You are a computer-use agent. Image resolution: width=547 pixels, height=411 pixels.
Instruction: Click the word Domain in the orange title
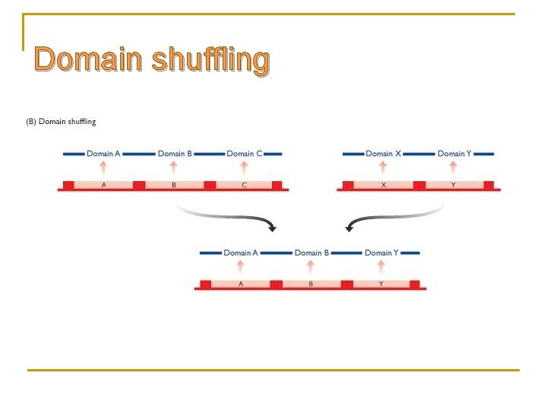click(x=87, y=59)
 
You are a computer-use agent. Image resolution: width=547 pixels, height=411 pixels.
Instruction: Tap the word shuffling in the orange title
click(x=210, y=61)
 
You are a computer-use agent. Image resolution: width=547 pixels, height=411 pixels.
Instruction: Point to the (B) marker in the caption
click(x=31, y=121)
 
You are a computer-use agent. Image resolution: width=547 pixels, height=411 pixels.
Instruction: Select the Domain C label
click(x=244, y=154)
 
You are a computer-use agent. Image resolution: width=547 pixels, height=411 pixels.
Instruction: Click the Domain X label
click(x=383, y=154)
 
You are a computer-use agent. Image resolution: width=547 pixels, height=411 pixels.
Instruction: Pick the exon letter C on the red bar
click(x=244, y=185)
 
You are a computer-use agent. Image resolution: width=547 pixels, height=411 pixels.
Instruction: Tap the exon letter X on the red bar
click(x=383, y=185)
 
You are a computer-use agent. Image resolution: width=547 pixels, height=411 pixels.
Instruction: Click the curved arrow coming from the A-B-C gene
click(x=228, y=216)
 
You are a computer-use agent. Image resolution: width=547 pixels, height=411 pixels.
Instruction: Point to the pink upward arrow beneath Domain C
click(x=244, y=167)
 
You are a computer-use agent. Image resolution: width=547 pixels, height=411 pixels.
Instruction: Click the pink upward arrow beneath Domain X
click(x=383, y=167)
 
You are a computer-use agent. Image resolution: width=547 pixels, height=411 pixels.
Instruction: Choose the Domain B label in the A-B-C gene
click(x=175, y=154)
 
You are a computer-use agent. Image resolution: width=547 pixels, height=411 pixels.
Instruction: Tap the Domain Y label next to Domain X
click(x=454, y=154)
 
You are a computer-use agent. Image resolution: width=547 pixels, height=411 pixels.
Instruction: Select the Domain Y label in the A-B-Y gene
click(x=381, y=253)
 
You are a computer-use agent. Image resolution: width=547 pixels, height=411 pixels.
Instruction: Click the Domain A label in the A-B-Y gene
click(x=241, y=253)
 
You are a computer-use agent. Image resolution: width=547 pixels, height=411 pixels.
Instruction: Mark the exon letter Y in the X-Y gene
click(x=454, y=185)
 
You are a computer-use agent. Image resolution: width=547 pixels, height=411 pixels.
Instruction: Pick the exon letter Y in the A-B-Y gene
click(x=381, y=284)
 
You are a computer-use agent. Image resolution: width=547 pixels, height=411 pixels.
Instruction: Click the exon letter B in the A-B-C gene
click(x=174, y=185)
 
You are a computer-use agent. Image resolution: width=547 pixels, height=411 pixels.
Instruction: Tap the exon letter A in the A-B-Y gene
click(x=241, y=284)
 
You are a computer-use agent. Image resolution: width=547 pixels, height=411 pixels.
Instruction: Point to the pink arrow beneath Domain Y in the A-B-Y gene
click(x=381, y=266)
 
